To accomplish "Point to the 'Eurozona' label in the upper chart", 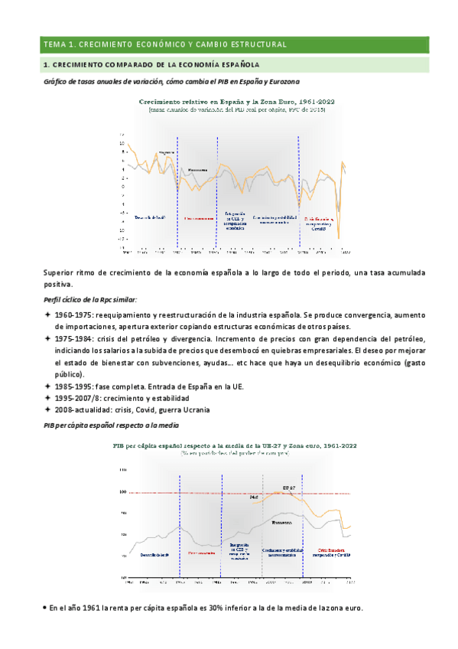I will point(197,169).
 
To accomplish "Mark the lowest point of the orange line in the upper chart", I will point(338,240).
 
